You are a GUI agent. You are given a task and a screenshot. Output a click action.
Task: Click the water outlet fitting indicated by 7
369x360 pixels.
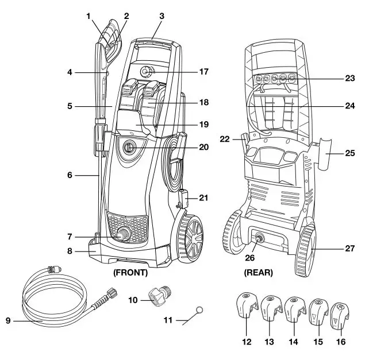click(123, 234)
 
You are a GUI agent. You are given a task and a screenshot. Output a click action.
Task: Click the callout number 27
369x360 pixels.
click(350, 249)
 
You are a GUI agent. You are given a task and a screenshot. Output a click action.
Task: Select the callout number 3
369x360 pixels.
click(162, 16)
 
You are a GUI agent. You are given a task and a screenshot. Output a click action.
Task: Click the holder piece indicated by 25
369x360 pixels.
click(322, 154)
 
